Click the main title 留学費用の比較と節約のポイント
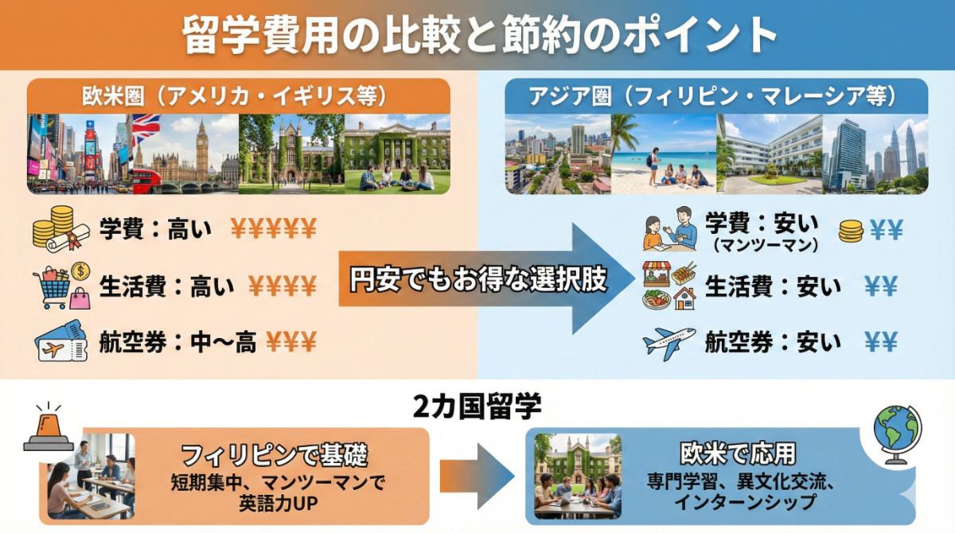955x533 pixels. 477,35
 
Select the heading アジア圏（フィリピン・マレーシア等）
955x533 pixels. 715,97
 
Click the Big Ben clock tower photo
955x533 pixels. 201,151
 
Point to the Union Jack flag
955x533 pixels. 146,128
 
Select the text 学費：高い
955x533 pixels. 156,231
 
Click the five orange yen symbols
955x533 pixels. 273,231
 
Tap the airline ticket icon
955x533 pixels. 60,342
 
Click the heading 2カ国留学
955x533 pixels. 477,407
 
